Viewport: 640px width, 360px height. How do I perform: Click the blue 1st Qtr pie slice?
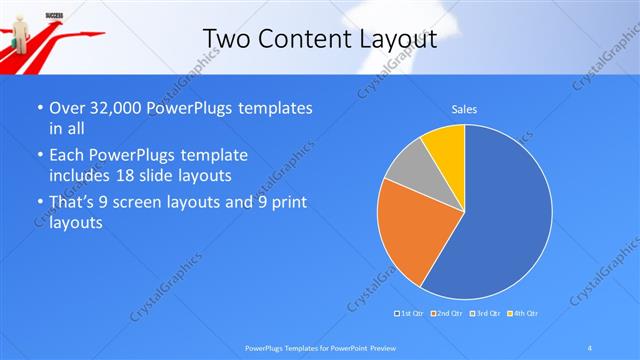(x=500, y=220)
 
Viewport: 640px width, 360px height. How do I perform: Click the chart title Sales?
(x=464, y=107)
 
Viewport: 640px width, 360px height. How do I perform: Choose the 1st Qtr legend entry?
(x=411, y=314)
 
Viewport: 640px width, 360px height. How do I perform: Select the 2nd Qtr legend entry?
(x=446, y=314)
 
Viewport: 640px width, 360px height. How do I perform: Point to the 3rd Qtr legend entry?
(x=482, y=314)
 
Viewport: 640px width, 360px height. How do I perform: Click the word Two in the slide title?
(x=224, y=39)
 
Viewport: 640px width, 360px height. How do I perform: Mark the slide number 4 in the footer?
(x=590, y=348)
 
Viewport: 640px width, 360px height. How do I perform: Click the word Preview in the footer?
(x=381, y=348)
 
